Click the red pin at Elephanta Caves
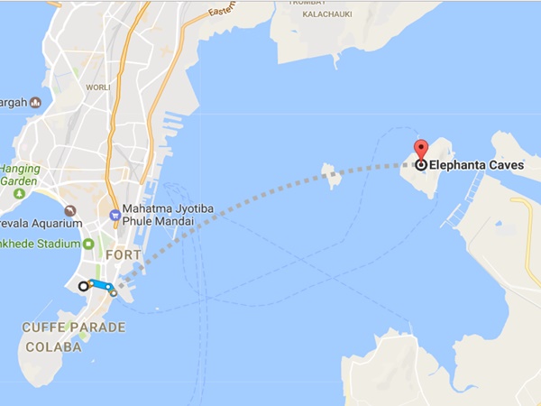pyautogui.click(x=420, y=149)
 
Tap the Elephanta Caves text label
pyautogui.click(x=478, y=165)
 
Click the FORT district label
pyautogui.click(x=124, y=255)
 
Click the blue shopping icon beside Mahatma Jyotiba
pyautogui.click(x=115, y=215)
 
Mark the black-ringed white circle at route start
pyautogui.click(x=84, y=286)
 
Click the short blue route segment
pyautogui.click(x=100, y=286)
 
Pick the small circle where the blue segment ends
pyautogui.click(x=114, y=293)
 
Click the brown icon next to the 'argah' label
pyautogui.click(x=35, y=103)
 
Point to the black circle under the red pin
pyautogui.click(x=420, y=165)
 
